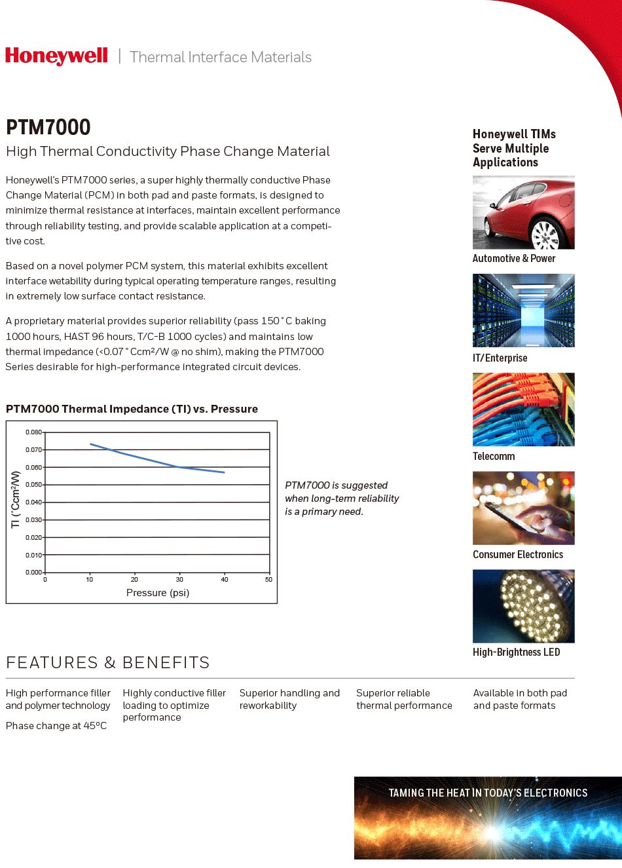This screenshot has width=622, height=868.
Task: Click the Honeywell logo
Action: click(56, 56)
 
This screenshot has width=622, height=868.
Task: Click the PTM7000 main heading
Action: click(48, 127)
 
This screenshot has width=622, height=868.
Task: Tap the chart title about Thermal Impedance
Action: click(132, 409)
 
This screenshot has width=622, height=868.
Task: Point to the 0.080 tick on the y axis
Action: click(34, 432)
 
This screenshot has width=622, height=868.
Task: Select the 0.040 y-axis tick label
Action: click(34, 502)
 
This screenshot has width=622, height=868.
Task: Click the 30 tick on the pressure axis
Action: click(179, 579)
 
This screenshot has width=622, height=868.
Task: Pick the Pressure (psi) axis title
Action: click(158, 593)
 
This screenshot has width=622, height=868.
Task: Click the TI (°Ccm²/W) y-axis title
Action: click(16, 499)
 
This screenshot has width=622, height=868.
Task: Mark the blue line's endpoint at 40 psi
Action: click(224, 472)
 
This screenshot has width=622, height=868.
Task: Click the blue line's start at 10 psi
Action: click(90, 444)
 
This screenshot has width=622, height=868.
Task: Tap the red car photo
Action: click(523, 212)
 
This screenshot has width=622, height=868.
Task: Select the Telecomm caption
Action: click(494, 457)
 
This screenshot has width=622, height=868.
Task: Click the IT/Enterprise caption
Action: click(500, 358)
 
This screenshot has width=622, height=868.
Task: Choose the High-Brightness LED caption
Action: click(516, 652)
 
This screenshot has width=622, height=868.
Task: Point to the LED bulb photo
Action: click(523, 606)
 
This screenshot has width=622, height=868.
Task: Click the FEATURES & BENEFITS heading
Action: click(108, 663)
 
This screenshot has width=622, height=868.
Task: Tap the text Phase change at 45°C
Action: click(56, 726)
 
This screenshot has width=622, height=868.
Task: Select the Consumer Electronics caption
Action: click(518, 555)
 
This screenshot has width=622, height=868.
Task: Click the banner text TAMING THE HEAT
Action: click(488, 793)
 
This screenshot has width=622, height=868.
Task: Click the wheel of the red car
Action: click(545, 235)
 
